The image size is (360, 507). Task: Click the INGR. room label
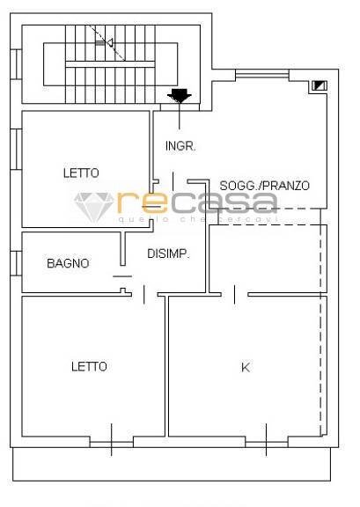(x=180, y=145)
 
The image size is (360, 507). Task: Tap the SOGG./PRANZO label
(x=264, y=186)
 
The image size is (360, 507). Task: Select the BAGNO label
(x=68, y=262)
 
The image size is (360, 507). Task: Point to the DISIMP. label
(x=169, y=254)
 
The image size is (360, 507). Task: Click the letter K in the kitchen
(x=245, y=367)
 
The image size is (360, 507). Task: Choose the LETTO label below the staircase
(x=81, y=173)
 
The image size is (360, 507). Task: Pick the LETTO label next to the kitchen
(x=89, y=366)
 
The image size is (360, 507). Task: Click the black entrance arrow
(x=180, y=95)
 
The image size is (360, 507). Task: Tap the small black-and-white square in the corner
(x=317, y=86)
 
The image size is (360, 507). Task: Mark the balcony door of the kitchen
(x=267, y=437)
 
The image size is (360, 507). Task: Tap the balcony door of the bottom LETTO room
(x=112, y=437)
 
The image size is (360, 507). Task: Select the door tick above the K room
(x=234, y=293)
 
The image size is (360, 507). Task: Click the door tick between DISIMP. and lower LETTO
(x=144, y=295)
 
